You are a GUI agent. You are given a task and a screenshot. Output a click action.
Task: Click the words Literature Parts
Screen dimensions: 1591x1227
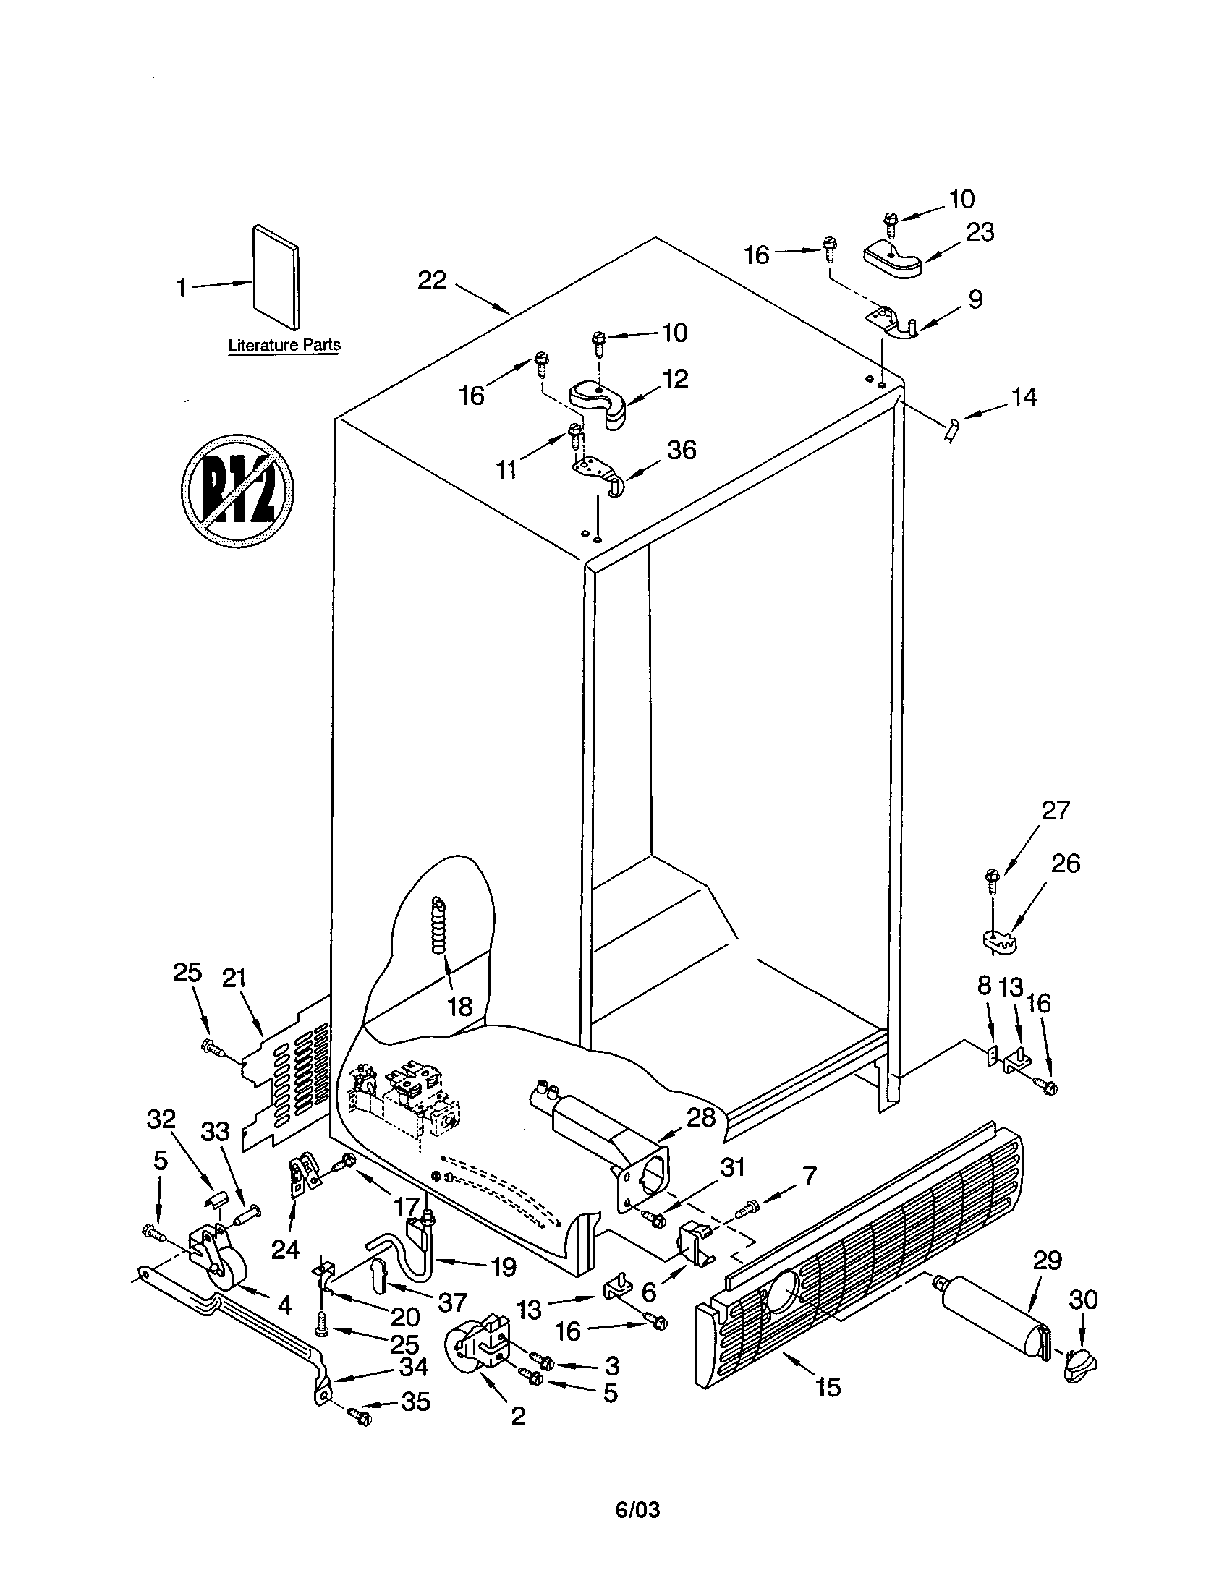click(x=284, y=344)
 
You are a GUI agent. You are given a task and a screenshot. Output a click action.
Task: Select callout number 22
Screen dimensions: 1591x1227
click(x=432, y=281)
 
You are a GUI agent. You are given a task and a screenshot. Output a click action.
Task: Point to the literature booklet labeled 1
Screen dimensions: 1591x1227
click(x=276, y=277)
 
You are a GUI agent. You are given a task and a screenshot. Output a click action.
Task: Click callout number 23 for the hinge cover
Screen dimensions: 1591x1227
click(x=980, y=233)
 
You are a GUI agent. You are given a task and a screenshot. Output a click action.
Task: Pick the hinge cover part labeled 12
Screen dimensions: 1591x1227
click(x=603, y=404)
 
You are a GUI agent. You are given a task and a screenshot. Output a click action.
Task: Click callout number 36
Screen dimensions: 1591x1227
click(x=682, y=451)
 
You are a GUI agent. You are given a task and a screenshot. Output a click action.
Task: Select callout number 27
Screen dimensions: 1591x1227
click(x=1055, y=810)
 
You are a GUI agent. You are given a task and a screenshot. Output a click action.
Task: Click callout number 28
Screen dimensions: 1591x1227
click(x=701, y=1117)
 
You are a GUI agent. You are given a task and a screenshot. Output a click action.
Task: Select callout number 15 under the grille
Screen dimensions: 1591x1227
click(x=828, y=1386)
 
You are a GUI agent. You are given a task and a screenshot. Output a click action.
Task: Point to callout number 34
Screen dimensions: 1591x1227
click(x=413, y=1367)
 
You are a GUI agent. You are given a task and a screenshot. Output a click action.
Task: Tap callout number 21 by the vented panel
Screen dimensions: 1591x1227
click(x=234, y=978)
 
